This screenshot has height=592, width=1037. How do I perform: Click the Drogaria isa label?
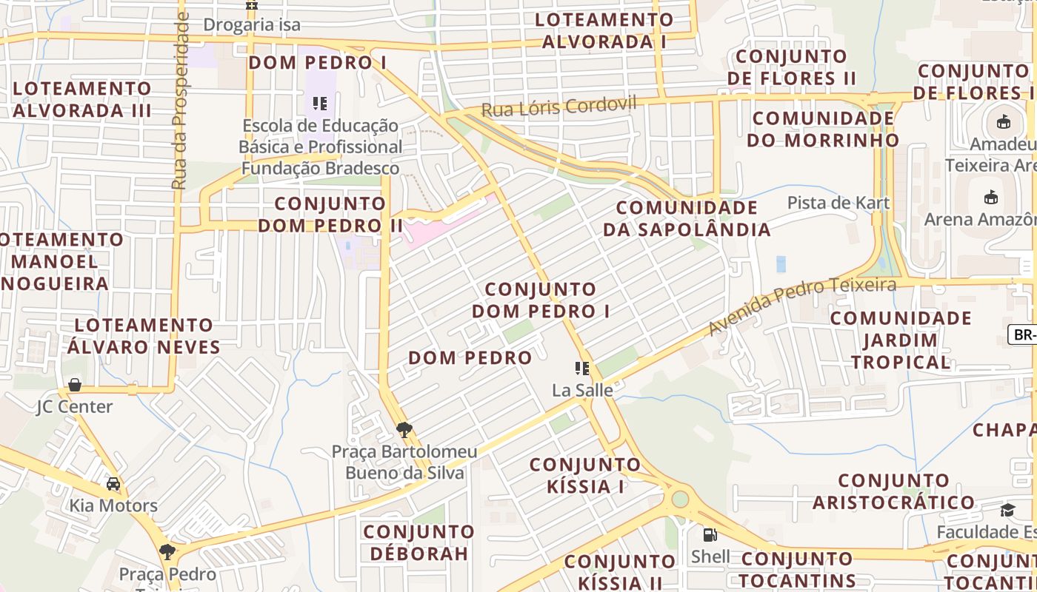[252, 24]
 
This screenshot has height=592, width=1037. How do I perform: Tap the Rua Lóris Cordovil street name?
[558, 107]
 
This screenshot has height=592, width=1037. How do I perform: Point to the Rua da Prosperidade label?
[180, 101]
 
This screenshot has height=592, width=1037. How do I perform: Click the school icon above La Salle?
[582, 368]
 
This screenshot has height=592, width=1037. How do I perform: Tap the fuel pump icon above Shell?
[710, 534]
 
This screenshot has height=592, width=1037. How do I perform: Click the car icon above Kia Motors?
[113, 484]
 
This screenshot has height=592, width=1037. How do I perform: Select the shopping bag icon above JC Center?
[75, 385]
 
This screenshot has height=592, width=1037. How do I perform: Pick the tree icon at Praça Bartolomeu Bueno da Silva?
[404, 429]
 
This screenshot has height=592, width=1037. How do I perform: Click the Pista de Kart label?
[838, 202]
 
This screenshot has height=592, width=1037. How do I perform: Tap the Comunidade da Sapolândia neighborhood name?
[687, 218]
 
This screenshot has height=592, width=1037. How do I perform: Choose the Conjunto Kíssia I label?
[585, 475]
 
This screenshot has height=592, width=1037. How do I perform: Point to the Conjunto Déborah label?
[419, 542]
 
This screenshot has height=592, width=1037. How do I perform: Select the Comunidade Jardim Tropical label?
[901, 340]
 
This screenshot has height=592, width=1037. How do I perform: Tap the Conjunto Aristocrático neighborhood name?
[894, 491]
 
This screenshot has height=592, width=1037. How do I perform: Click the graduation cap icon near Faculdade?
[1007, 510]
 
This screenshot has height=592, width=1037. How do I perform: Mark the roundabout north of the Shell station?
[679, 499]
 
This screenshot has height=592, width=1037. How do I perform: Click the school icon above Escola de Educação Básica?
[320, 104]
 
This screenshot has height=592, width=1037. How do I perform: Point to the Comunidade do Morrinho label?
[823, 129]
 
